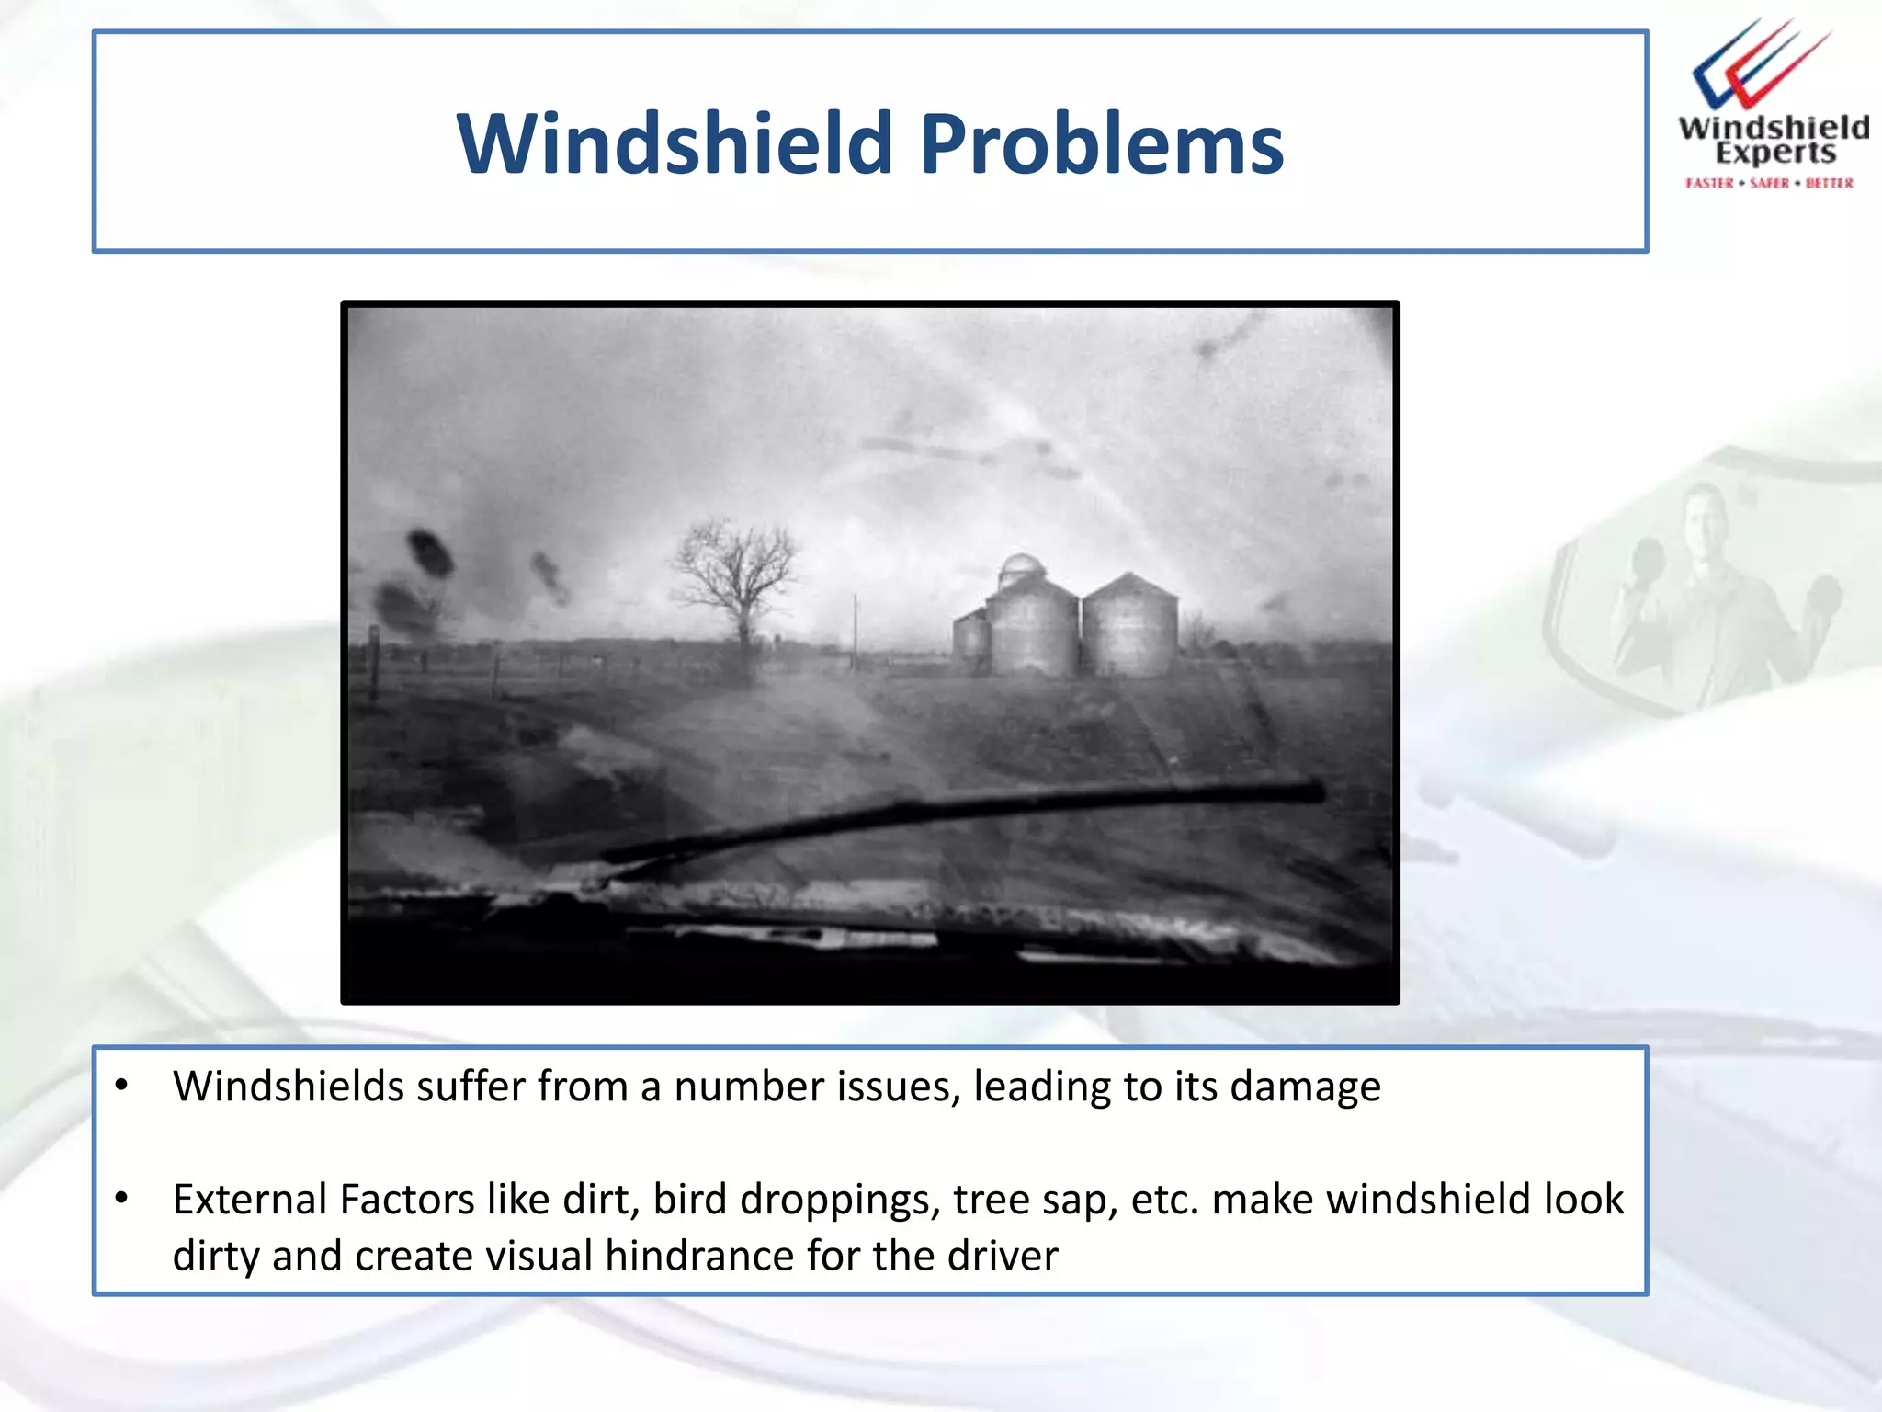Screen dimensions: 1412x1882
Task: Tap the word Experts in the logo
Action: click(x=1774, y=153)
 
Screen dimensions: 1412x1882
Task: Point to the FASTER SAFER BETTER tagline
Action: click(x=1769, y=183)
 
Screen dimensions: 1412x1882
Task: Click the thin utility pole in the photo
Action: click(x=855, y=630)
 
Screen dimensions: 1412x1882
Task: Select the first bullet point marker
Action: click(x=121, y=1086)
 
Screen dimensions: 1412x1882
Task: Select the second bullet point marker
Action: click(x=121, y=1199)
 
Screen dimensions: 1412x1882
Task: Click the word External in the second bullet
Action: click(x=250, y=1200)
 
